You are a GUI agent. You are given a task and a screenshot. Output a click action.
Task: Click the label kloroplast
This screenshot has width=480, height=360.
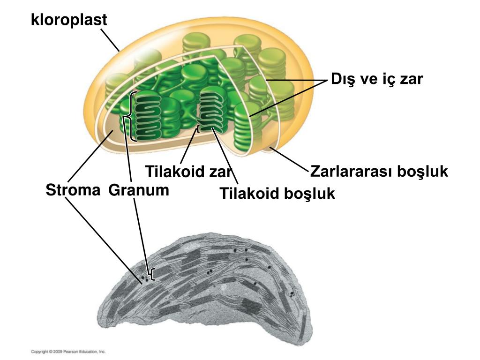click(x=69, y=20)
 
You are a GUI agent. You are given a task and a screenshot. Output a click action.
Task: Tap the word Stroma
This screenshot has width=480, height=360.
click(x=73, y=190)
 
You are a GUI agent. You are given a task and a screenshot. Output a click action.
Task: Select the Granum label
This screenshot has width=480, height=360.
click(x=139, y=190)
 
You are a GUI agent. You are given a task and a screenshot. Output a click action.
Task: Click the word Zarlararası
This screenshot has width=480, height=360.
click(x=352, y=172)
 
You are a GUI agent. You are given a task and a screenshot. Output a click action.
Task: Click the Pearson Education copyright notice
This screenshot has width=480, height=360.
click(x=68, y=351)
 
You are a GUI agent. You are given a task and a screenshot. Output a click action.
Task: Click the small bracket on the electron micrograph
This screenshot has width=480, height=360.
click(x=152, y=274)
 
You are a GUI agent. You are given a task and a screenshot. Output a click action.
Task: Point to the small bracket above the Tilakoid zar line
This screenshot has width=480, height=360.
click(x=198, y=129)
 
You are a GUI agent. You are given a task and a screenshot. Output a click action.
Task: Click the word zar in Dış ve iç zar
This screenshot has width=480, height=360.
click(x=411, y=79)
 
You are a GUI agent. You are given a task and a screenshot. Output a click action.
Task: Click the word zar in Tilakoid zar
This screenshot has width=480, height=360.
click(x=221, y=172)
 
